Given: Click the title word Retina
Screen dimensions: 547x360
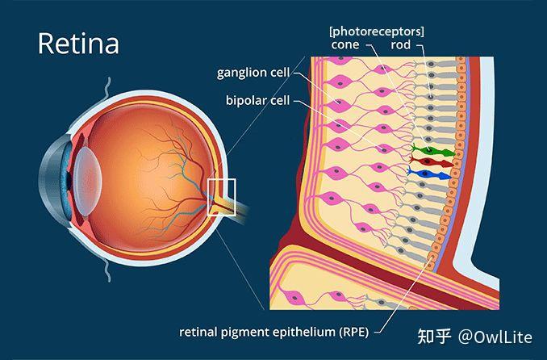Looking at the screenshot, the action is (78, 44).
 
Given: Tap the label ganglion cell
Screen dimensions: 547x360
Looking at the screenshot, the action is (253, 73).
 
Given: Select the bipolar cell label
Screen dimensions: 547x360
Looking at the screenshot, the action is (258, 101).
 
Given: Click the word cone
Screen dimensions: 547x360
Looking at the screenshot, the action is (345, 44).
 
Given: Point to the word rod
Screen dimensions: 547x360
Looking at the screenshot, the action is (400, 44).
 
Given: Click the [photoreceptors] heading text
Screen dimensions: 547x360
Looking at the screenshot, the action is (377, 31).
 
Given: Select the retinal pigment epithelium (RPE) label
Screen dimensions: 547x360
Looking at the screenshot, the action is (273, 332).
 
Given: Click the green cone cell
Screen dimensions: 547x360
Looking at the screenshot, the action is (432, 151).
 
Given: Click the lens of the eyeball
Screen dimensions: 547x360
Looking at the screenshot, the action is (88, 181).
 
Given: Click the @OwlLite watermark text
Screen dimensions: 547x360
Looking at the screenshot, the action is (495, 337).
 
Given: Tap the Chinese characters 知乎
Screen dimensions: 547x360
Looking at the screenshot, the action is (435, 337).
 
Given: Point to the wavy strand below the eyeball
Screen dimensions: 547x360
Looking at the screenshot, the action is (108, 270).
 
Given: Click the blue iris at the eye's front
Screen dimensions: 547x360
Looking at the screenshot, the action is (65, 180).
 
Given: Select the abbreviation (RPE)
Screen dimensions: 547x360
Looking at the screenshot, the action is (354, 332).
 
